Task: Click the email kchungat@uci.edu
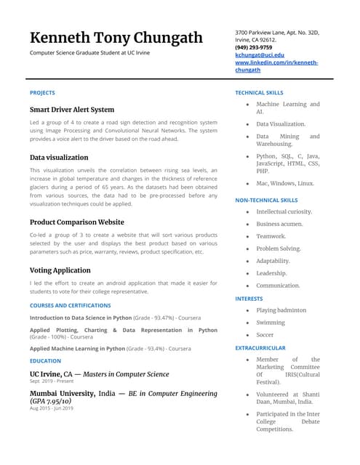coord(260,55)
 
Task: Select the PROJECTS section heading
coord(42,93)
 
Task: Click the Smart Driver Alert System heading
coord(72,110)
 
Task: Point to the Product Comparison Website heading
coord(77,222)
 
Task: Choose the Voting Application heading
coord(60,270)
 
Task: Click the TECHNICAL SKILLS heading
coord(260,93)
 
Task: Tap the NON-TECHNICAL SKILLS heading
coord(266,200)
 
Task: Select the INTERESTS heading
coord(249,299)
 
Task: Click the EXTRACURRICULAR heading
coord(260,348)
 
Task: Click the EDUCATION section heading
coord(46,361)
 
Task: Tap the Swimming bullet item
coord(271,323)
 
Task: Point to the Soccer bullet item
coord(265,335)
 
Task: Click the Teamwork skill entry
coord(271,236)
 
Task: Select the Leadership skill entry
coord(272,273)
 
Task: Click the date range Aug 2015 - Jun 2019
coord(52,408)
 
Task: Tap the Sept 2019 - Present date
coord(50,381)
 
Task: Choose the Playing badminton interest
coord(281,310)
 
